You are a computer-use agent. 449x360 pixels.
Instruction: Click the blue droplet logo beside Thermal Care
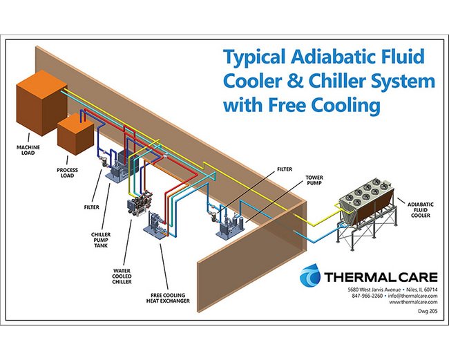pos(312,277)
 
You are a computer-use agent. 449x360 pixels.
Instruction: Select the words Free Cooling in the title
pos(341,107)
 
